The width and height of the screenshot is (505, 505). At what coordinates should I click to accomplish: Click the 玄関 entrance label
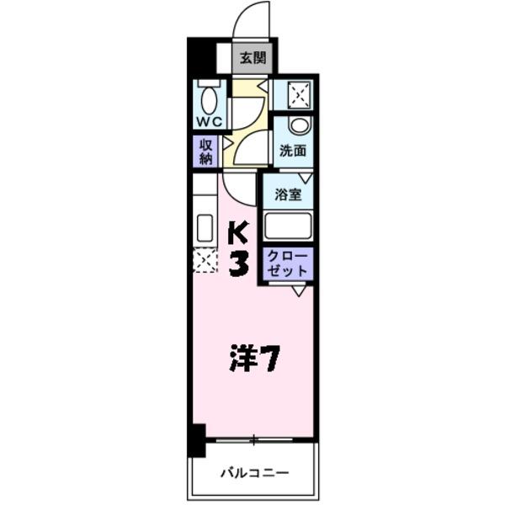coord(252,58)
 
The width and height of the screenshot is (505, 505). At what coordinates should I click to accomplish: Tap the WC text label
coord(209,121)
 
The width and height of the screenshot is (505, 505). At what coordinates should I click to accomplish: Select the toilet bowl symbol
coord(209,98)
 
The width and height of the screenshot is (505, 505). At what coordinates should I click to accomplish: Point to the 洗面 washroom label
coord(293,152)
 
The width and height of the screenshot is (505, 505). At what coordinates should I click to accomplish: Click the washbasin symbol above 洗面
coord(299,126)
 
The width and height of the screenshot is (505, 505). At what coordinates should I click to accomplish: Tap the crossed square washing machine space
coord(300,95)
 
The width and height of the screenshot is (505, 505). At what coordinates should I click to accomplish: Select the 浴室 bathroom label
coord(288,195)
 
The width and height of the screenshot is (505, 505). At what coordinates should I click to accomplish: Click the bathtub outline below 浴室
coord(288,225)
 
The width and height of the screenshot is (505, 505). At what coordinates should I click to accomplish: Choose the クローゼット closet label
coord(288,263)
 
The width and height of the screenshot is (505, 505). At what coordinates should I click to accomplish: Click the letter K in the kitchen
coord(237,231)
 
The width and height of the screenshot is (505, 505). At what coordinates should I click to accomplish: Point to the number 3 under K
coord(238,263)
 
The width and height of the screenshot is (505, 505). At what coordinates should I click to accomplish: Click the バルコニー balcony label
coord(254,473)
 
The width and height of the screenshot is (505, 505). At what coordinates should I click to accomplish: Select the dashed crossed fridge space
coord(205,260)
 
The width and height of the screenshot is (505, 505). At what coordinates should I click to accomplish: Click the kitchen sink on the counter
coord(205,227)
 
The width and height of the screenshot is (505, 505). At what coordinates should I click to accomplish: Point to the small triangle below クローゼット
coord(299,290)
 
